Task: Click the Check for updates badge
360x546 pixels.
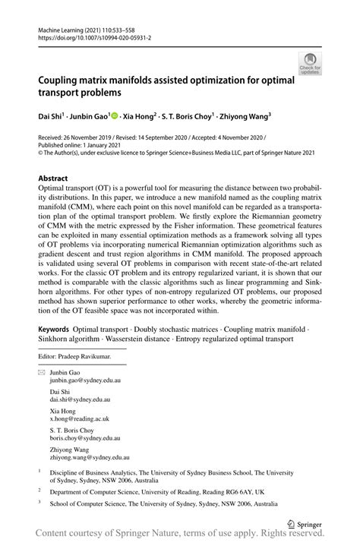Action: pos(309,63)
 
